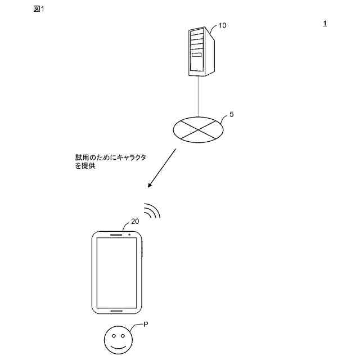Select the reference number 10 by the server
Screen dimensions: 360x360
click(x=222, y=26)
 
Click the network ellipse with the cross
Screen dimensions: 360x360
click(x=197, y=128)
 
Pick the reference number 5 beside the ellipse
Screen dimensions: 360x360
click(x=232, y=114)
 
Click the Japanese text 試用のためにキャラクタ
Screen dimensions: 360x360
click(x=111, y=158)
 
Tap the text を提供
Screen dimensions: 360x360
click(x=85, y=167)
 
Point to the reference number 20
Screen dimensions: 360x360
click(x=134, y=222)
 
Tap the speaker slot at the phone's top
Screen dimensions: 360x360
click(x=116, y=234)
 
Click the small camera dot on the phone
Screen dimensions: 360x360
click(x=129, y=234)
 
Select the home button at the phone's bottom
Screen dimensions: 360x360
click(x=116, y=310)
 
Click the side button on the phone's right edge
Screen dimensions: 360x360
click(x=143, y=250)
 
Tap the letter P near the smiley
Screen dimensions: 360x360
click(x=146, y=325)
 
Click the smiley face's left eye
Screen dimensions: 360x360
click(x=113, y=337)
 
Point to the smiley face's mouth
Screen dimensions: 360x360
click(x=118, y=346)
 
